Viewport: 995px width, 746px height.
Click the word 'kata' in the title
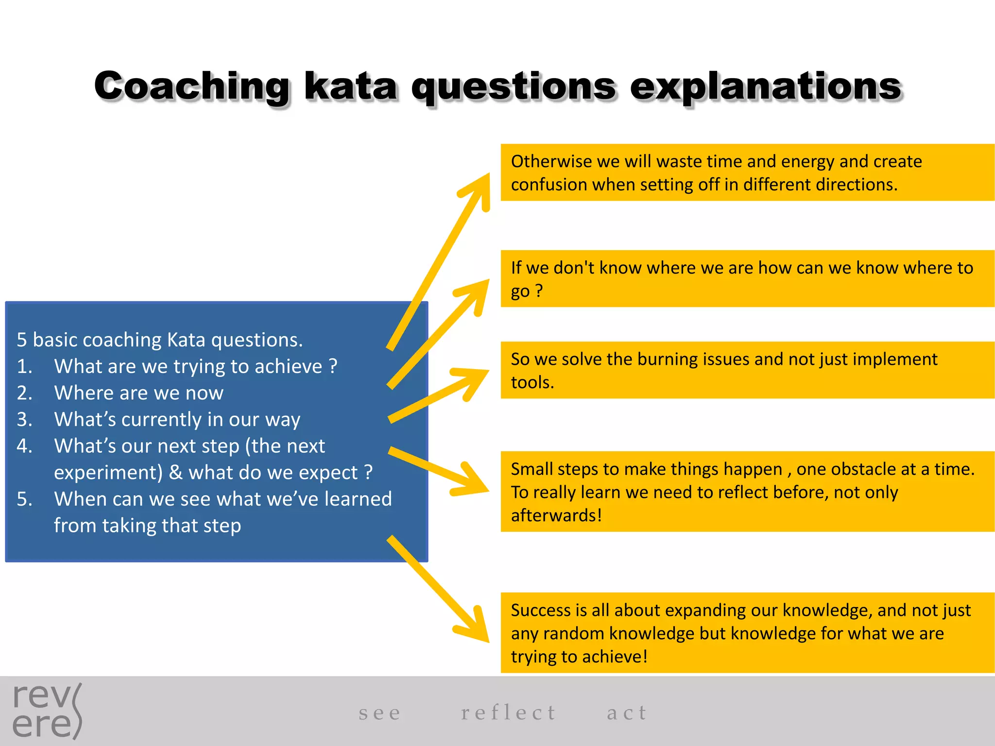pos(351,86)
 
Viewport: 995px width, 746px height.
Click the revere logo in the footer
pos(47,711)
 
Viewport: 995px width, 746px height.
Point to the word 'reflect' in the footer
pos(508,712)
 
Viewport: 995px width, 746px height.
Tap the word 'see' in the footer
pos(380,712)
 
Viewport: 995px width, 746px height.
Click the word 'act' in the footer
pos(627,712)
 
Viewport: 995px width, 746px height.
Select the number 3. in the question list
pos(24,419)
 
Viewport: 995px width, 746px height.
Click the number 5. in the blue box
pos(24,499)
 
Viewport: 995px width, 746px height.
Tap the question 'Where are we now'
pos(138,392)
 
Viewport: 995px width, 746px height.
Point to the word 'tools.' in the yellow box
pos(532,382)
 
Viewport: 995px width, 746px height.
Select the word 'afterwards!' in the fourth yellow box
pos(556,515)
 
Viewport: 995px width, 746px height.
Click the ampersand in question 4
pos(175,473)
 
